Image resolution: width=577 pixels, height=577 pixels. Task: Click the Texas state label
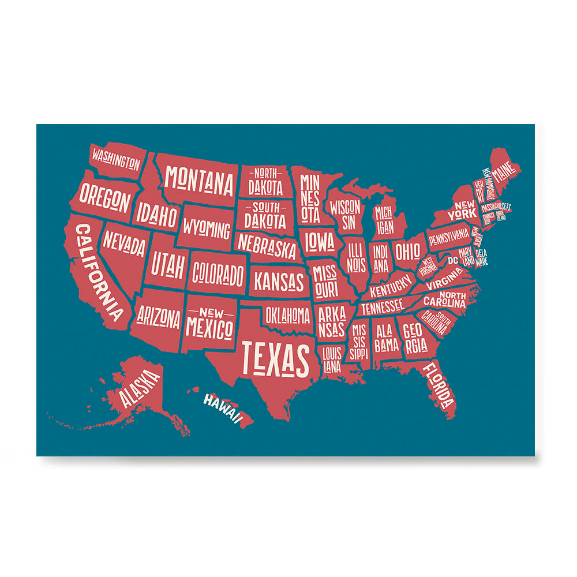tap(275, 358)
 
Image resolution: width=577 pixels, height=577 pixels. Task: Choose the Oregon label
tap(105, 197)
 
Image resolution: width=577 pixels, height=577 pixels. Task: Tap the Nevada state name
tap(124, 245)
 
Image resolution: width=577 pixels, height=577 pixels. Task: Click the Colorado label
tap(218, 273)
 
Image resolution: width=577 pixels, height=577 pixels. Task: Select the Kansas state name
tap(279, 282)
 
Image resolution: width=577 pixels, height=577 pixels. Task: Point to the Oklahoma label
tap(287, 315)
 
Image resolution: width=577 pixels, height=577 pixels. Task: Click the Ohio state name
tap(407, 252)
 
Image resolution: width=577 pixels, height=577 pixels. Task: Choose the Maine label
tap(505, 174)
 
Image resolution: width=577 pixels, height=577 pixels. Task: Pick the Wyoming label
tap(207, 228)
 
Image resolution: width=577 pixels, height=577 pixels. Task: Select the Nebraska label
tap(267, 246)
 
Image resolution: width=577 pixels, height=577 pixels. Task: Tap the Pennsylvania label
tap(449, 236)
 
